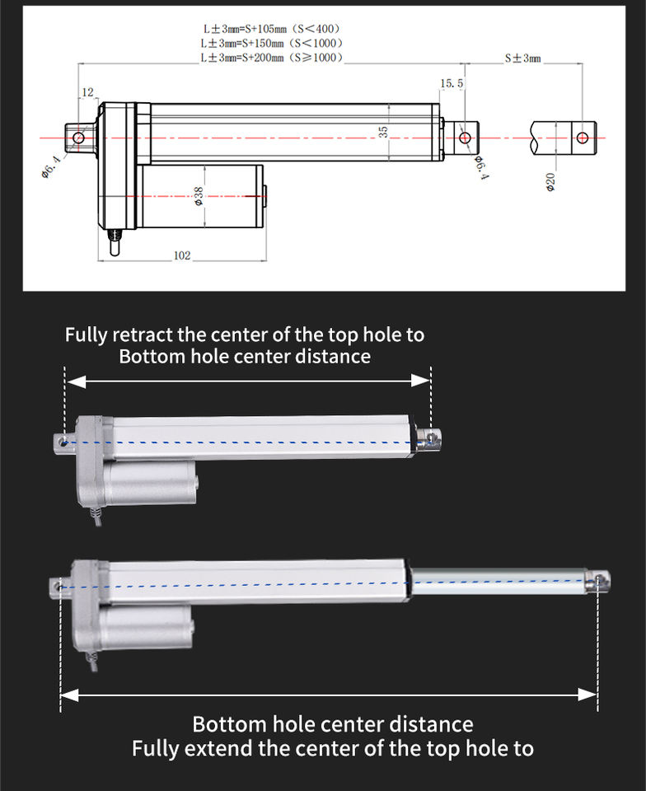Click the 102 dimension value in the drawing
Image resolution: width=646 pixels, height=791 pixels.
click(x=181, y=255)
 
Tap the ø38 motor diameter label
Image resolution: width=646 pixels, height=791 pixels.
click(x=199, y=195)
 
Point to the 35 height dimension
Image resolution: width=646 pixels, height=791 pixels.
click(x=383, y=132)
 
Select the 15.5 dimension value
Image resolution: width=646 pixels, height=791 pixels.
click(x=452, y=84)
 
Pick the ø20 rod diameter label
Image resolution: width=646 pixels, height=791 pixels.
click(x=550, y=180)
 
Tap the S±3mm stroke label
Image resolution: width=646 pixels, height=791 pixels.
click(x=523, y=59)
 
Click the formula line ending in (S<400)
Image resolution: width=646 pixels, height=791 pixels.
click(x=271, y=28)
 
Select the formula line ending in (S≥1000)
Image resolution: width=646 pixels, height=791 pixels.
click(x=271, y=58)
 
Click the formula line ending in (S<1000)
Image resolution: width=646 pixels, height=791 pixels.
click(x=271, y=43)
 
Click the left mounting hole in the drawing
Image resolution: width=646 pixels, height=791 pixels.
click(x=78, y=138)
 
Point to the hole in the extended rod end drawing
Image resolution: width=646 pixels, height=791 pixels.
click(x=584, y=137)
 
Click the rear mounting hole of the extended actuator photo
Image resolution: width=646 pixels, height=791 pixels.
click(x=59, y=587)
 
